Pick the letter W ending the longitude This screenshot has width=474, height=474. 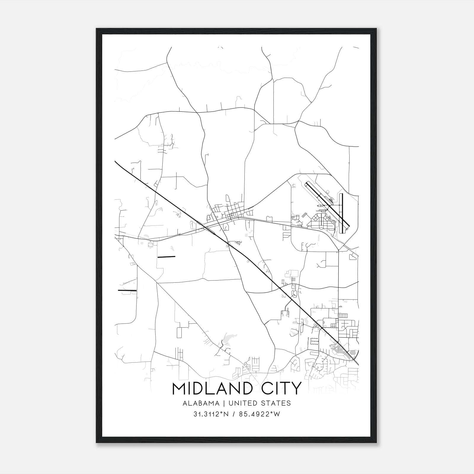coord(277,414)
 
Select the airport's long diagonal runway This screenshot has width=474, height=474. coord(327,203)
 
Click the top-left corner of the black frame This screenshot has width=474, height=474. coord(97,29)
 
